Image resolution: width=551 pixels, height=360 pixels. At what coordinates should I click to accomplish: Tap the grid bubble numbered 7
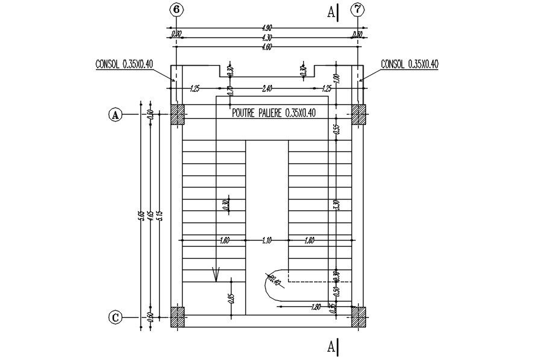(x=359, y=10)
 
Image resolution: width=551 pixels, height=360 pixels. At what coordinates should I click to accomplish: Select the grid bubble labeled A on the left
(x=115, y=114)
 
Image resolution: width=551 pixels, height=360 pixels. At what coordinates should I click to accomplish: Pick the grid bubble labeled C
(x=115, y=317)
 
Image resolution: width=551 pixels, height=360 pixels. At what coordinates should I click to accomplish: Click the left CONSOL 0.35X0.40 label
(x=124, y=64)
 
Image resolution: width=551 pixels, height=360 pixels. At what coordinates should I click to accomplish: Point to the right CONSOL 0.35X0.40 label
(x=409, y=64)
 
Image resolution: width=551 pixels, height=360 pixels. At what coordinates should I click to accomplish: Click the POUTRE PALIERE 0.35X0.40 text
(x=274, y=112)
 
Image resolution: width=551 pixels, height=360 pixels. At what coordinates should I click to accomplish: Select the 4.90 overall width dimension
(x=266, y=28)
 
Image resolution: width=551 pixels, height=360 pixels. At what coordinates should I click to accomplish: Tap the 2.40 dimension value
(x=266, y=88)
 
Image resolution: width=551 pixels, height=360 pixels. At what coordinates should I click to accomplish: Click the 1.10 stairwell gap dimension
(x=266, y=241)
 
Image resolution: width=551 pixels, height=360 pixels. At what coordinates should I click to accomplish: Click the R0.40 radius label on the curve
(x=272, y=280)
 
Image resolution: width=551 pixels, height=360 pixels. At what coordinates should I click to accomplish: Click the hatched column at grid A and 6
(x=177, y=114)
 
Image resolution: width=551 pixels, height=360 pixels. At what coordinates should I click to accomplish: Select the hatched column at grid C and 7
(x=359, y=317)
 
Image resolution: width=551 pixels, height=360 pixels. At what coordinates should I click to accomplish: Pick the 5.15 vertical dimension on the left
(x=160, y=215)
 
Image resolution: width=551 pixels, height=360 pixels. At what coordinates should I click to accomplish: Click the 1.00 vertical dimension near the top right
(x=337, y=78)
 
